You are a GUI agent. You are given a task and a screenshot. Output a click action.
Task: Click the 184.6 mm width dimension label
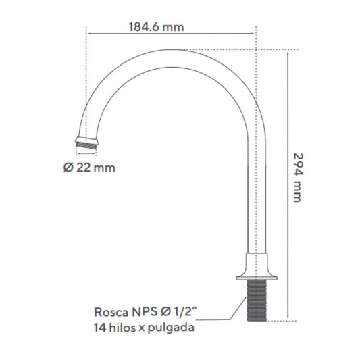coord(156,27)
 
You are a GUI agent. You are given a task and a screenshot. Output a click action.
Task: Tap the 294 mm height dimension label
coord(299,178)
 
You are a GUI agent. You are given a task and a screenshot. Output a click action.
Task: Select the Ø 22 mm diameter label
coord(89,168)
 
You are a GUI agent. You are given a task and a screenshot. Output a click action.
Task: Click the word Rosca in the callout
coord(111,312)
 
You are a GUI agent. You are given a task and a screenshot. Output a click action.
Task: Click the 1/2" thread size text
coord(186,312)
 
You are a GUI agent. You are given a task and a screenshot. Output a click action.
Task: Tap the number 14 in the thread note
coord(100,328)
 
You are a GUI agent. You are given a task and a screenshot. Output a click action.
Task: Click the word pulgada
coord(171,328)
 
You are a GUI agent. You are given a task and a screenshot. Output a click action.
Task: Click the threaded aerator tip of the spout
coord(86,146)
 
